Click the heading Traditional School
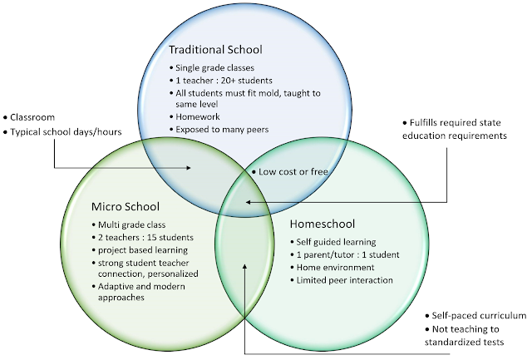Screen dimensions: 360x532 (x=215, y=50)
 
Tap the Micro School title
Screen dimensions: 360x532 (x=126, y=205)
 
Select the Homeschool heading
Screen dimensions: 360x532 (x=323, y=224)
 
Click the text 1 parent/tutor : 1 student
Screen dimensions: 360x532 (x=350, y=254)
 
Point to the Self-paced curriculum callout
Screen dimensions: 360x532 (x=479, y=316)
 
